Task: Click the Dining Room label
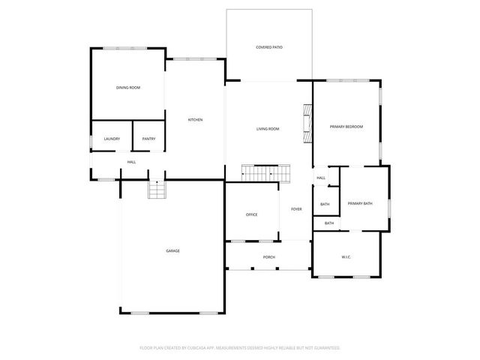coord(127,88)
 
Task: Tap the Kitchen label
coord(195,120)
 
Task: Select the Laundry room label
coord(112,139)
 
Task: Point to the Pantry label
coord(148,139)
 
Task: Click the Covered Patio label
coord(268,47)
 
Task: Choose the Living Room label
coord(268,129)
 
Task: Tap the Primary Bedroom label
coord(346,127)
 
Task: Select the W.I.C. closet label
coord(346,257)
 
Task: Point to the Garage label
coord(172,250)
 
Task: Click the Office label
coord(251,214)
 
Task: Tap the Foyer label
coord(296,209)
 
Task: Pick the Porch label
coord(268,257)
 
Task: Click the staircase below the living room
coord(265,174)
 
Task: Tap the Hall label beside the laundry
coord(131,162)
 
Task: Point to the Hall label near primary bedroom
coord(320,178)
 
